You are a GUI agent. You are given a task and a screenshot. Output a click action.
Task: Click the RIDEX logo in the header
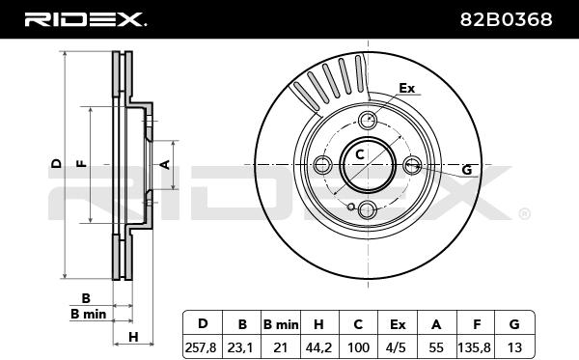coord(85,19)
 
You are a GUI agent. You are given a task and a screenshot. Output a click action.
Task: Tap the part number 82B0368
coord(506,19)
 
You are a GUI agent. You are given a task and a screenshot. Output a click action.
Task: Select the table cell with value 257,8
coord(201,347)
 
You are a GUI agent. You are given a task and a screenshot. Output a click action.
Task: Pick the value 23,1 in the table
coord(240,347)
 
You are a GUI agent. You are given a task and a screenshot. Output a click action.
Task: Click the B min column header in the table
coord(281,324)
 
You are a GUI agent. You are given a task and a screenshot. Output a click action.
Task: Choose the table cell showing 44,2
coord(318,347)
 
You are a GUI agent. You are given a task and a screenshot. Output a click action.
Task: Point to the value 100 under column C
coord(358,347)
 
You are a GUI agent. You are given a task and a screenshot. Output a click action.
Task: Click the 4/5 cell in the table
coord(398,347)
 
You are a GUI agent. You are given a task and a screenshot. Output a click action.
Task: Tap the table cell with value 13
coord(514,347)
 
